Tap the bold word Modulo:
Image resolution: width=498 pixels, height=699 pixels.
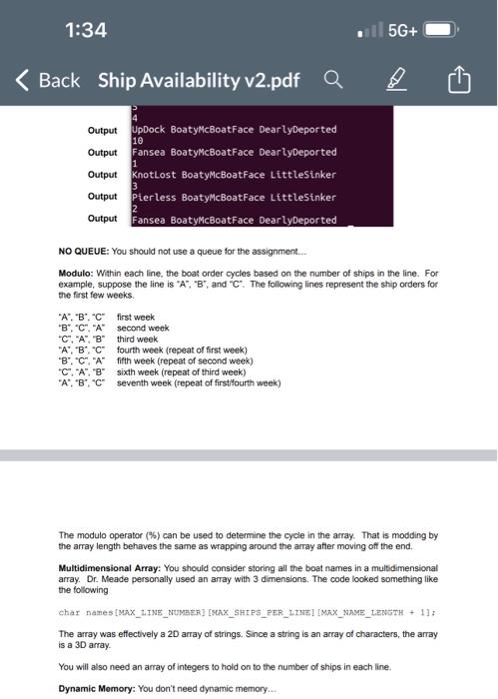coord(81,272)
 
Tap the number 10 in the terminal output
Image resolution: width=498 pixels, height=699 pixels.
coord(137,141)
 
